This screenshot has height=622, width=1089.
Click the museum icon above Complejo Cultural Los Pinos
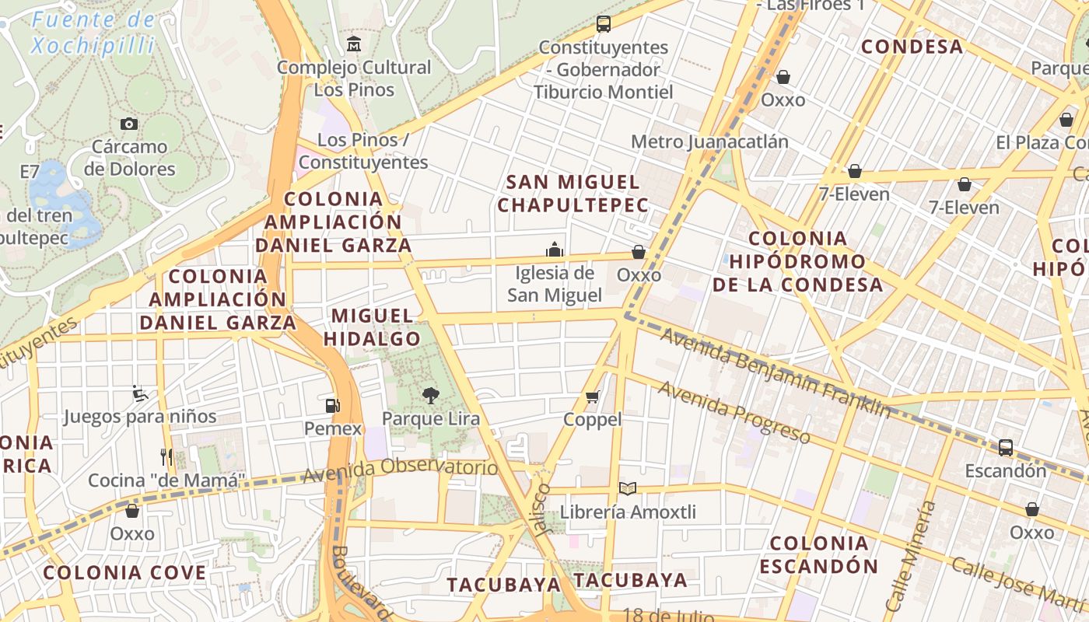[x=354, y=44]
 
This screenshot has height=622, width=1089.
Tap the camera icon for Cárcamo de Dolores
[x=129, y=124]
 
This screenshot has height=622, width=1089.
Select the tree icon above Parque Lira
[x=430, y=396]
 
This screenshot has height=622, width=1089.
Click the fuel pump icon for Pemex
[x=333, y=405]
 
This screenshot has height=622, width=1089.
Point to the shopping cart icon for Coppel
[x=593, y=397]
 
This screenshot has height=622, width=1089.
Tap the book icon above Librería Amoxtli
[x=628, y=489]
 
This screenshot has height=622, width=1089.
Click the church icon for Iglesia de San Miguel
[x=555, y=250]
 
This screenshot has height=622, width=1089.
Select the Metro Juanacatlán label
[x=709, y=142]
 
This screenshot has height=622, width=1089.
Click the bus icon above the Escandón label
[x=1006, y=447]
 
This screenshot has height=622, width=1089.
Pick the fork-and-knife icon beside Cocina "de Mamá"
[x=166, y=456]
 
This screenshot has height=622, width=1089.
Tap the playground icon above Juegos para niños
[x=140, y=393]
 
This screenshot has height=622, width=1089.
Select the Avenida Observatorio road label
[x=400, y=470]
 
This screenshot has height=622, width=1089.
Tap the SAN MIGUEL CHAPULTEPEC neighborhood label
[x=573, y=194]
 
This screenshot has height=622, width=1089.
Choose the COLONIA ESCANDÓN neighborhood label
[x=819, y=554]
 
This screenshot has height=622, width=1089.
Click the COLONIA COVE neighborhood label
[x=124, y=573]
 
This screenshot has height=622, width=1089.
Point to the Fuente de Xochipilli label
[x=93, y=32]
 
